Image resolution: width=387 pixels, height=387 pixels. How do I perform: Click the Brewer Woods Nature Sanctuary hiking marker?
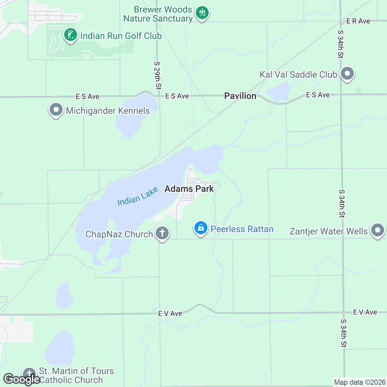tap(202, 13)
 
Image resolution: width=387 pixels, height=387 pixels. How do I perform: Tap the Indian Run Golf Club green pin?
tap(70, 35)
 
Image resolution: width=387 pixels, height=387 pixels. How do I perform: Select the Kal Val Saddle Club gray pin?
tap(347, 74)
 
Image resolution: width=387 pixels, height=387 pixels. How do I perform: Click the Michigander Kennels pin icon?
tap(56, 110)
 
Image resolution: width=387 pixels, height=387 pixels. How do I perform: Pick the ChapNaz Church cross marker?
tap(162, 233)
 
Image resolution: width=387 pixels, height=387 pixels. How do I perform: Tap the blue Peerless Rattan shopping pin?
tap(201, 228)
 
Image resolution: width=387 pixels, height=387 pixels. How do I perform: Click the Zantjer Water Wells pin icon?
tap(377, 230)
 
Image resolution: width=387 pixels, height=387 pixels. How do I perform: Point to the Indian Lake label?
tap(138, 196)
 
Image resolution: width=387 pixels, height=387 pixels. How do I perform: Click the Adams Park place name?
tap(189, 189)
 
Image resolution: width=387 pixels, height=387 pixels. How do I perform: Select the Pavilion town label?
tap(240, 96)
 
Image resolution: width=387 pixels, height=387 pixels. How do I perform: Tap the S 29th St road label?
tap(157, 75)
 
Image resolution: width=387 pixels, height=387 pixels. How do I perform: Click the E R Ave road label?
tap(358, 21)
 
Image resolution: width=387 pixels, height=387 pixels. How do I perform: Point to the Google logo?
tap(22, 379)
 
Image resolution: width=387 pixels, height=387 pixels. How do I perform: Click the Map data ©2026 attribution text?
tap(359, 382)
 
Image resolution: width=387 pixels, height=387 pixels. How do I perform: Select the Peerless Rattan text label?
tap(242, 229)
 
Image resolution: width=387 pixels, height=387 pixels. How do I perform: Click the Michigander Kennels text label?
tap(108, 111)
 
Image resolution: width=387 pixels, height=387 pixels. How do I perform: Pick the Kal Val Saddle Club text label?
tap(298, 74)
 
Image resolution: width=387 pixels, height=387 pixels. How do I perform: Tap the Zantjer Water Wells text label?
tap(328, 231)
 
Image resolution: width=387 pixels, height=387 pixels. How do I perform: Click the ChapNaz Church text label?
tap(119, 234)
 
